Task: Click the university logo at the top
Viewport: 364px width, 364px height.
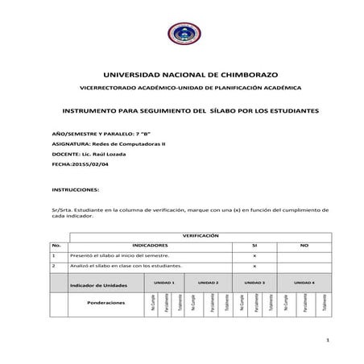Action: (x=182, y=35)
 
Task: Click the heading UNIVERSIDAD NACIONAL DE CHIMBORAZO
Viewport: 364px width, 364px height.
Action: (x=182, y=72)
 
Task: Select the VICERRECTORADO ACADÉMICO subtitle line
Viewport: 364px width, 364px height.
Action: (x=181, y=87)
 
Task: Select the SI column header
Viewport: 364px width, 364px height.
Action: (x=254, y=245)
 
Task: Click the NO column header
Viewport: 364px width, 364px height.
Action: (x=304, y=245)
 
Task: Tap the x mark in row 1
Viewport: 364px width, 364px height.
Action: (x=254, y=254)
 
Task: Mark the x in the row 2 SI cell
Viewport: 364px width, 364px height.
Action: (x=254, y=265)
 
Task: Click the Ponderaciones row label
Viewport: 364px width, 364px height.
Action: (x=106, y=304)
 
